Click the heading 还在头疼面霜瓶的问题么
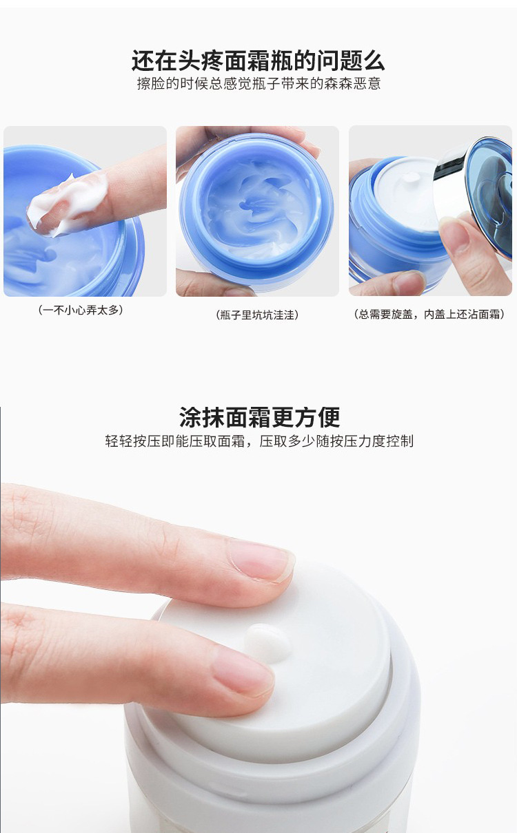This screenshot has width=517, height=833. coord(258,61)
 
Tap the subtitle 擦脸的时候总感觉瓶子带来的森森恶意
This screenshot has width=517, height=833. coord(259,84)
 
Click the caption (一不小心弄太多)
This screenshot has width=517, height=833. coord(81,310)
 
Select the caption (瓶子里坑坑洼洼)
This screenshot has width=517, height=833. coord(257,315)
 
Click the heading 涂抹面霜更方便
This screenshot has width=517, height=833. coord(259,417)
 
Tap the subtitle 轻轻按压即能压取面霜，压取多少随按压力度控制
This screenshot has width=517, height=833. coord(259,441)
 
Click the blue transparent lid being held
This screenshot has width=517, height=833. coord(491,196)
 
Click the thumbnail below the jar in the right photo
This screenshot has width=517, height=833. coord(409,283)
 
